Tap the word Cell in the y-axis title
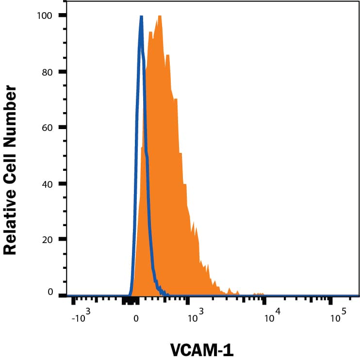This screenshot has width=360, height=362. pos(10,168)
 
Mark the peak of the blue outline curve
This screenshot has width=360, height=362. pos(141,17)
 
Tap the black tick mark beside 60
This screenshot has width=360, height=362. pos(63,128)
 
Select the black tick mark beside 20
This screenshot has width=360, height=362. pos(63,239)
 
